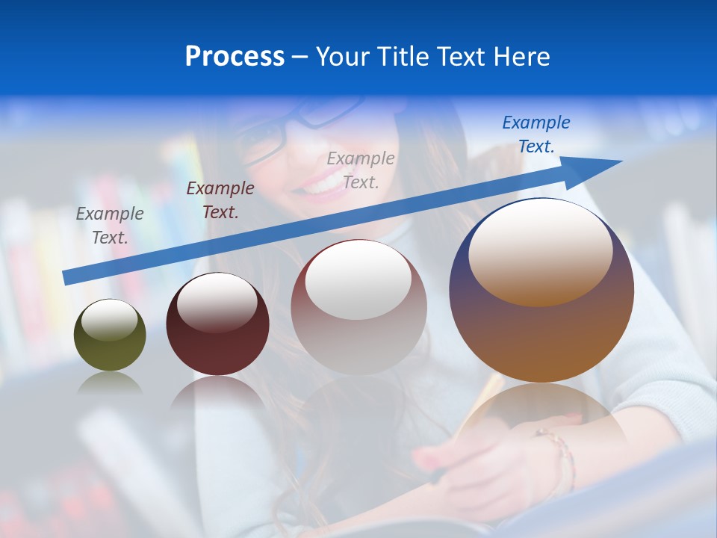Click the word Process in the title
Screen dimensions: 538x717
point(235,57)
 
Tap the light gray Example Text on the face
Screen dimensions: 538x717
point(361,170)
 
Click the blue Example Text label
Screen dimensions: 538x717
point(536,134)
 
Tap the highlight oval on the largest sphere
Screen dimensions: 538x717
point(540,253)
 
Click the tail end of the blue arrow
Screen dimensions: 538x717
point(67,277)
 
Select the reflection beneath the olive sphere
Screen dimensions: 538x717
point(110,383)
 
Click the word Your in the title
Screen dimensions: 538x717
point(343,57)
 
